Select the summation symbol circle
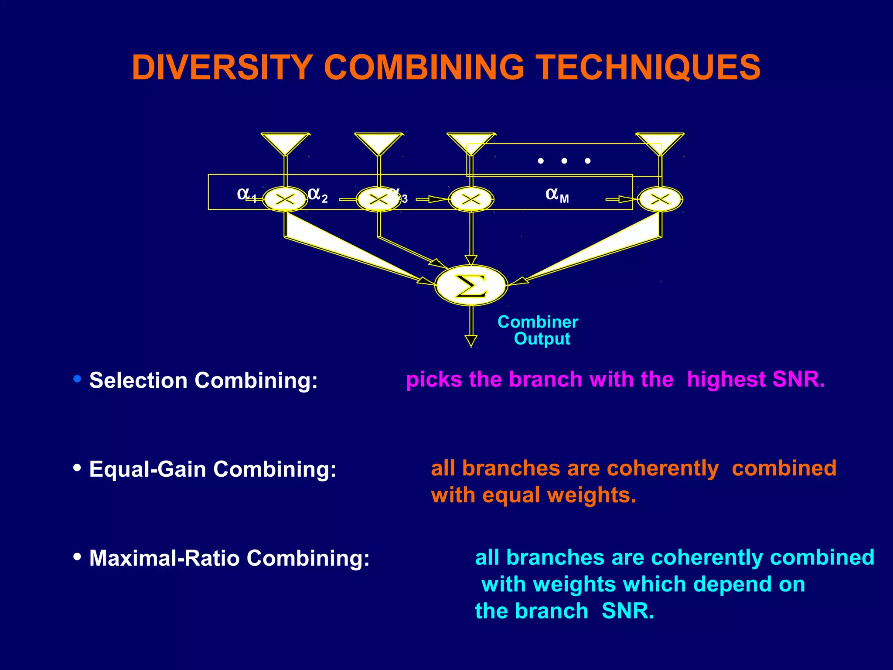pos(471,285)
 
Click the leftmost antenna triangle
pos(285,143)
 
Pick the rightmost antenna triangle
pos(660,143)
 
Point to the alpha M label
pos(557,195)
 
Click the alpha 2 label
pos(317,195)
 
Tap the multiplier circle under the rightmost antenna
pos(660,200)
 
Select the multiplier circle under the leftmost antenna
pos(285,200)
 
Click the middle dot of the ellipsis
pos(564,161)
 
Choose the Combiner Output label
pos(538,330)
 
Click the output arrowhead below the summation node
pos(471,341)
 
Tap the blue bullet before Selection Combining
pos(78,379)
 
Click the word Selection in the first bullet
pos(138,380)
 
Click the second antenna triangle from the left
pos(378,143)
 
